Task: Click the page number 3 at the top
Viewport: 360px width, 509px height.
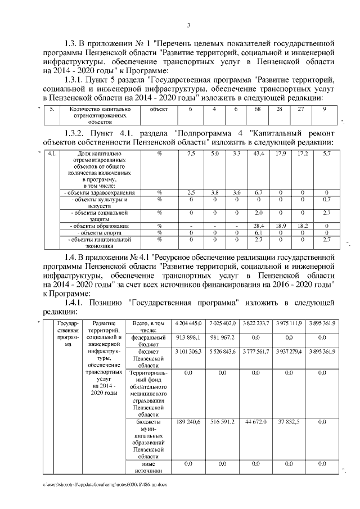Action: (x=188, y=25)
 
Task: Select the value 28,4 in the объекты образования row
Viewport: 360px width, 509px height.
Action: (x=259, y=226)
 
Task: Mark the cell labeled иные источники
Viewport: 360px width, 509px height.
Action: (x=148, y=466)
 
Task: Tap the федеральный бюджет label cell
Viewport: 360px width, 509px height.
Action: (x=148, y=340)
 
